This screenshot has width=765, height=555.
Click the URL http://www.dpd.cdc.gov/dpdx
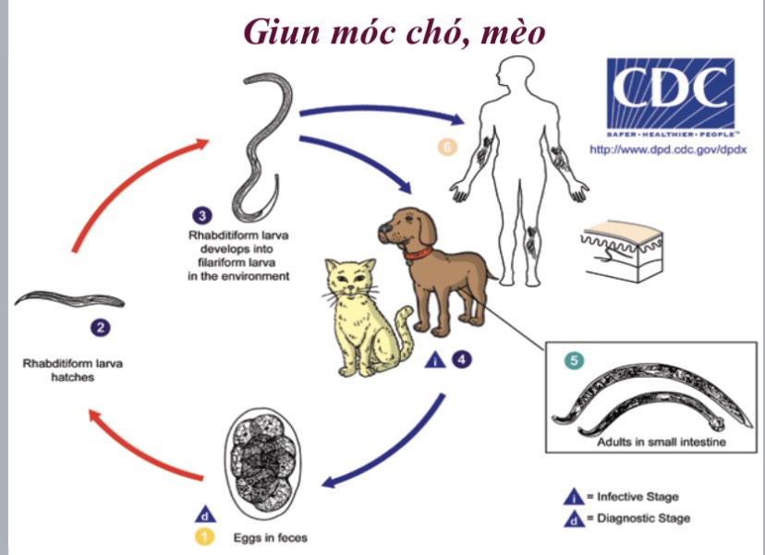(x=670, y=148)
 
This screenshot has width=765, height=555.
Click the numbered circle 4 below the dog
(x=461, y=360)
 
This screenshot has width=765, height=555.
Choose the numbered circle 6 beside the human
(x=446, y=146)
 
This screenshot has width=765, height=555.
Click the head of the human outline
(x=514, y=76)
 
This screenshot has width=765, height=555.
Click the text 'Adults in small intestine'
(x=663, y=442)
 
